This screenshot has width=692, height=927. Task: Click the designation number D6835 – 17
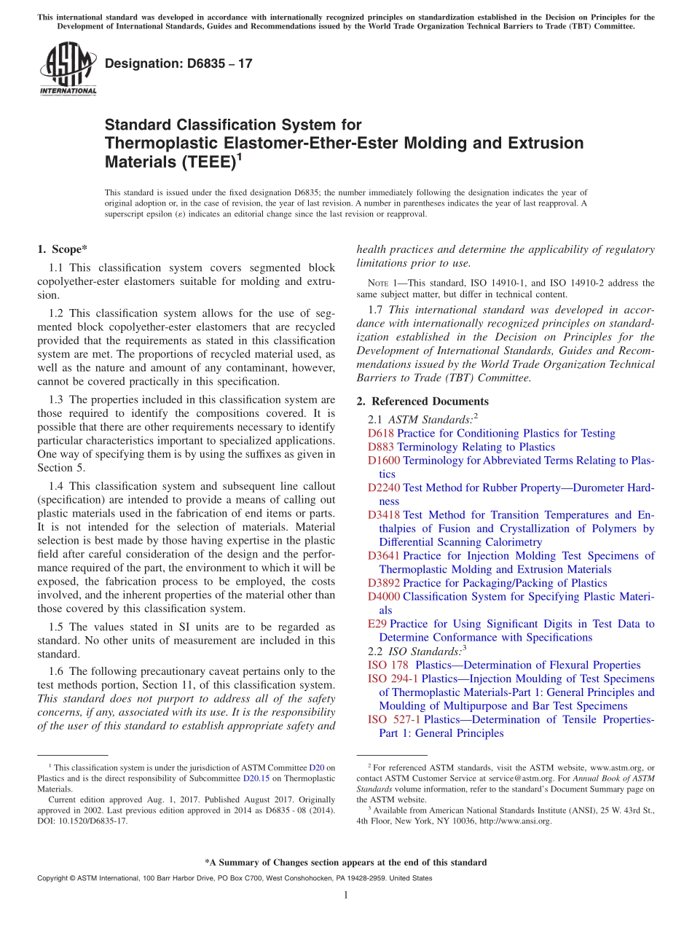click(x=178, y=63)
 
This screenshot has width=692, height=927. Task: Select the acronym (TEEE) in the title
click(x=206, y=162)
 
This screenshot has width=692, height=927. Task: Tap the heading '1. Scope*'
click(x=62, y=249)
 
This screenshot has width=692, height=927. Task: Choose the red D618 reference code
click(x=380, y=434)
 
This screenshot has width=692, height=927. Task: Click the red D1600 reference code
click(x=384, y=461)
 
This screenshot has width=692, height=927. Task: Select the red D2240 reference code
click(x=384, y=488)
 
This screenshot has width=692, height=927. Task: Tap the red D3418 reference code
click(x=384, y=515)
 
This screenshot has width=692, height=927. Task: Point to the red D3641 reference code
click(x=384, y=556)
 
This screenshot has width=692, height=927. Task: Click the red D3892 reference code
click(x=384, y=583)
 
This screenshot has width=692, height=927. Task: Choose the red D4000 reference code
click(x=384, y=597)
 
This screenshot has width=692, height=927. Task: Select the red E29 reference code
click(x=377, y=624)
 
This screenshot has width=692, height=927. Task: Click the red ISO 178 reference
click(x=388, y=665)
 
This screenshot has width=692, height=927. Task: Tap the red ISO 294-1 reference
click(x=393, y=678)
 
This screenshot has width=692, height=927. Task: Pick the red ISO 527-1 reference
click(x=393, y=720)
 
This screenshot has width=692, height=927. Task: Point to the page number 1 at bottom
click(x=346, y=895)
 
